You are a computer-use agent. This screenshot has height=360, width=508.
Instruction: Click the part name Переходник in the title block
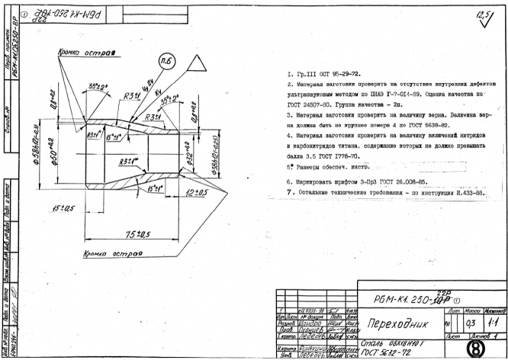pyautogui.click(x=389, y=323)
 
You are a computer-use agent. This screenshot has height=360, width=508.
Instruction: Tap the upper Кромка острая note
pyautogui.click(x=86, y=54)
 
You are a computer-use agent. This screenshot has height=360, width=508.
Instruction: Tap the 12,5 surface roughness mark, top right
pyautogui.click(x=483, y=16)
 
